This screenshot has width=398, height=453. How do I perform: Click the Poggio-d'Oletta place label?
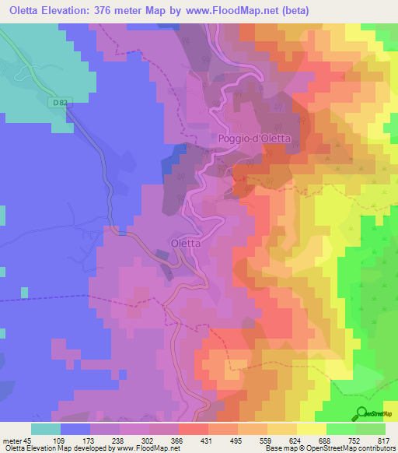(254, 139)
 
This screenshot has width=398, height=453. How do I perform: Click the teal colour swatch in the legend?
(46, 429)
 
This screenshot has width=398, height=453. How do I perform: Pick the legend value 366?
(176, 440)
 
